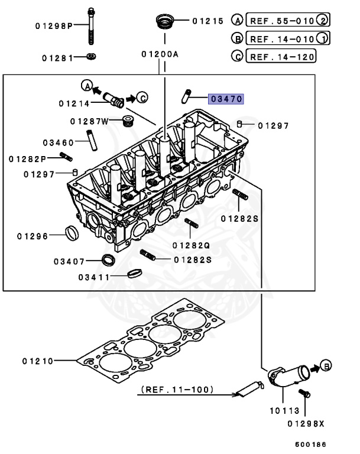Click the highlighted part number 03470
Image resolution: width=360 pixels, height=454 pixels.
pyautogui.click(x=225, y=99)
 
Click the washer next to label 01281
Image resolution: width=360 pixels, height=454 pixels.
pyautogui.click(x=92, y=57)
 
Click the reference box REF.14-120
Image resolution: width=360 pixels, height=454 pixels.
pyautogui.click(x=281, y=57)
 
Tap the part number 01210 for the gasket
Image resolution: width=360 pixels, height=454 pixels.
pyautogui.click(x=38, y=361)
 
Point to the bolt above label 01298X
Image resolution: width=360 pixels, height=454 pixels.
pyautogui.click(x=307, y=394)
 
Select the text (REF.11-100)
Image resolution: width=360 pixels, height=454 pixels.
pyautogui.click(x=177, y=390)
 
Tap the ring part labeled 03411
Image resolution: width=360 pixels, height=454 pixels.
pyautogui.click(x=135, y=273)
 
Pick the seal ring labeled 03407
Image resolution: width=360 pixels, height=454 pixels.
pyautogui.click(x=108, y=259)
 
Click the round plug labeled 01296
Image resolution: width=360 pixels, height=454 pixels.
pyautogui.click(x=71, y=233)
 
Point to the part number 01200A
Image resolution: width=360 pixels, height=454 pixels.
pyautogui.click(x=160, y=54)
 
